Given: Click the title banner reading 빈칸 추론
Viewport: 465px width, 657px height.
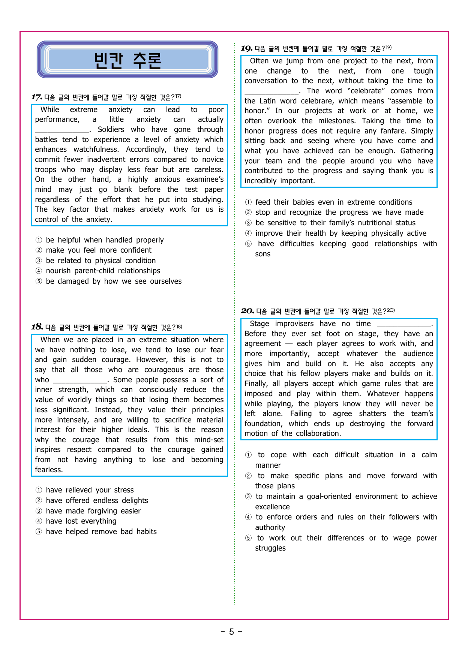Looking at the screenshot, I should (127, 60).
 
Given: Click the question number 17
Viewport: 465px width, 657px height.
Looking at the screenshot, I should (36, 97).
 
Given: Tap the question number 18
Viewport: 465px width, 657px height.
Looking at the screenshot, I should (37, 327).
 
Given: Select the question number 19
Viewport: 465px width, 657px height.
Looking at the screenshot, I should (246, 48).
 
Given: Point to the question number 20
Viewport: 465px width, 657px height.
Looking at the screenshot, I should (247, 311).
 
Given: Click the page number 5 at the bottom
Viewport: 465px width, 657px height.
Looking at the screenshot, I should (231, 632).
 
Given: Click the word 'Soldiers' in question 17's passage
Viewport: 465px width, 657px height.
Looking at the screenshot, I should (111, 130).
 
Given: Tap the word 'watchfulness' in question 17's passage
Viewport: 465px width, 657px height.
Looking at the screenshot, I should (96, 150).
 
